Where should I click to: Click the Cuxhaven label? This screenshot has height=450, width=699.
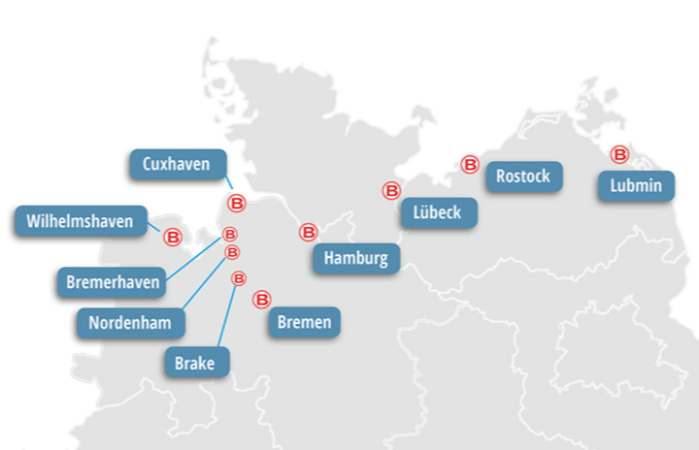[176, 164]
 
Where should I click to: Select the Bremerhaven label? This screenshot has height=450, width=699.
[113, 282]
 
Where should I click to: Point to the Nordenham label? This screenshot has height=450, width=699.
[131, 322]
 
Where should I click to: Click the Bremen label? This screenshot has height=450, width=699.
[304, 322]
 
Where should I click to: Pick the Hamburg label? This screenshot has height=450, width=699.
[355, 258]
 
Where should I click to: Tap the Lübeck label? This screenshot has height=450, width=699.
[437, 212]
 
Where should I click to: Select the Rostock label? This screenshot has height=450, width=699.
[522, 176]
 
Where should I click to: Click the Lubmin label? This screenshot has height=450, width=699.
[636, 185]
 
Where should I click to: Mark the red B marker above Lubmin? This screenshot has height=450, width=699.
[619, 154]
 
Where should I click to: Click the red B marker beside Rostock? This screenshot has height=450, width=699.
[470, 165]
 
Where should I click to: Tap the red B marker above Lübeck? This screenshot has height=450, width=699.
[391, 191]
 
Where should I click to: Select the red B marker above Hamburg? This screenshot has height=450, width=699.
[308, 233]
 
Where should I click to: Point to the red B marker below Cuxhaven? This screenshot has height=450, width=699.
[236, 203]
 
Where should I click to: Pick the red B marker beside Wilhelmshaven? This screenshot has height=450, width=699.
[173, 236]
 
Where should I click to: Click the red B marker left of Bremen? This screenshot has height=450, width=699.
[261, 300]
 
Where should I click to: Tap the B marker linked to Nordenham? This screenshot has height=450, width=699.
[232, 252]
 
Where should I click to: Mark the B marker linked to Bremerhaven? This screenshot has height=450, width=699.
[230, 234]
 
